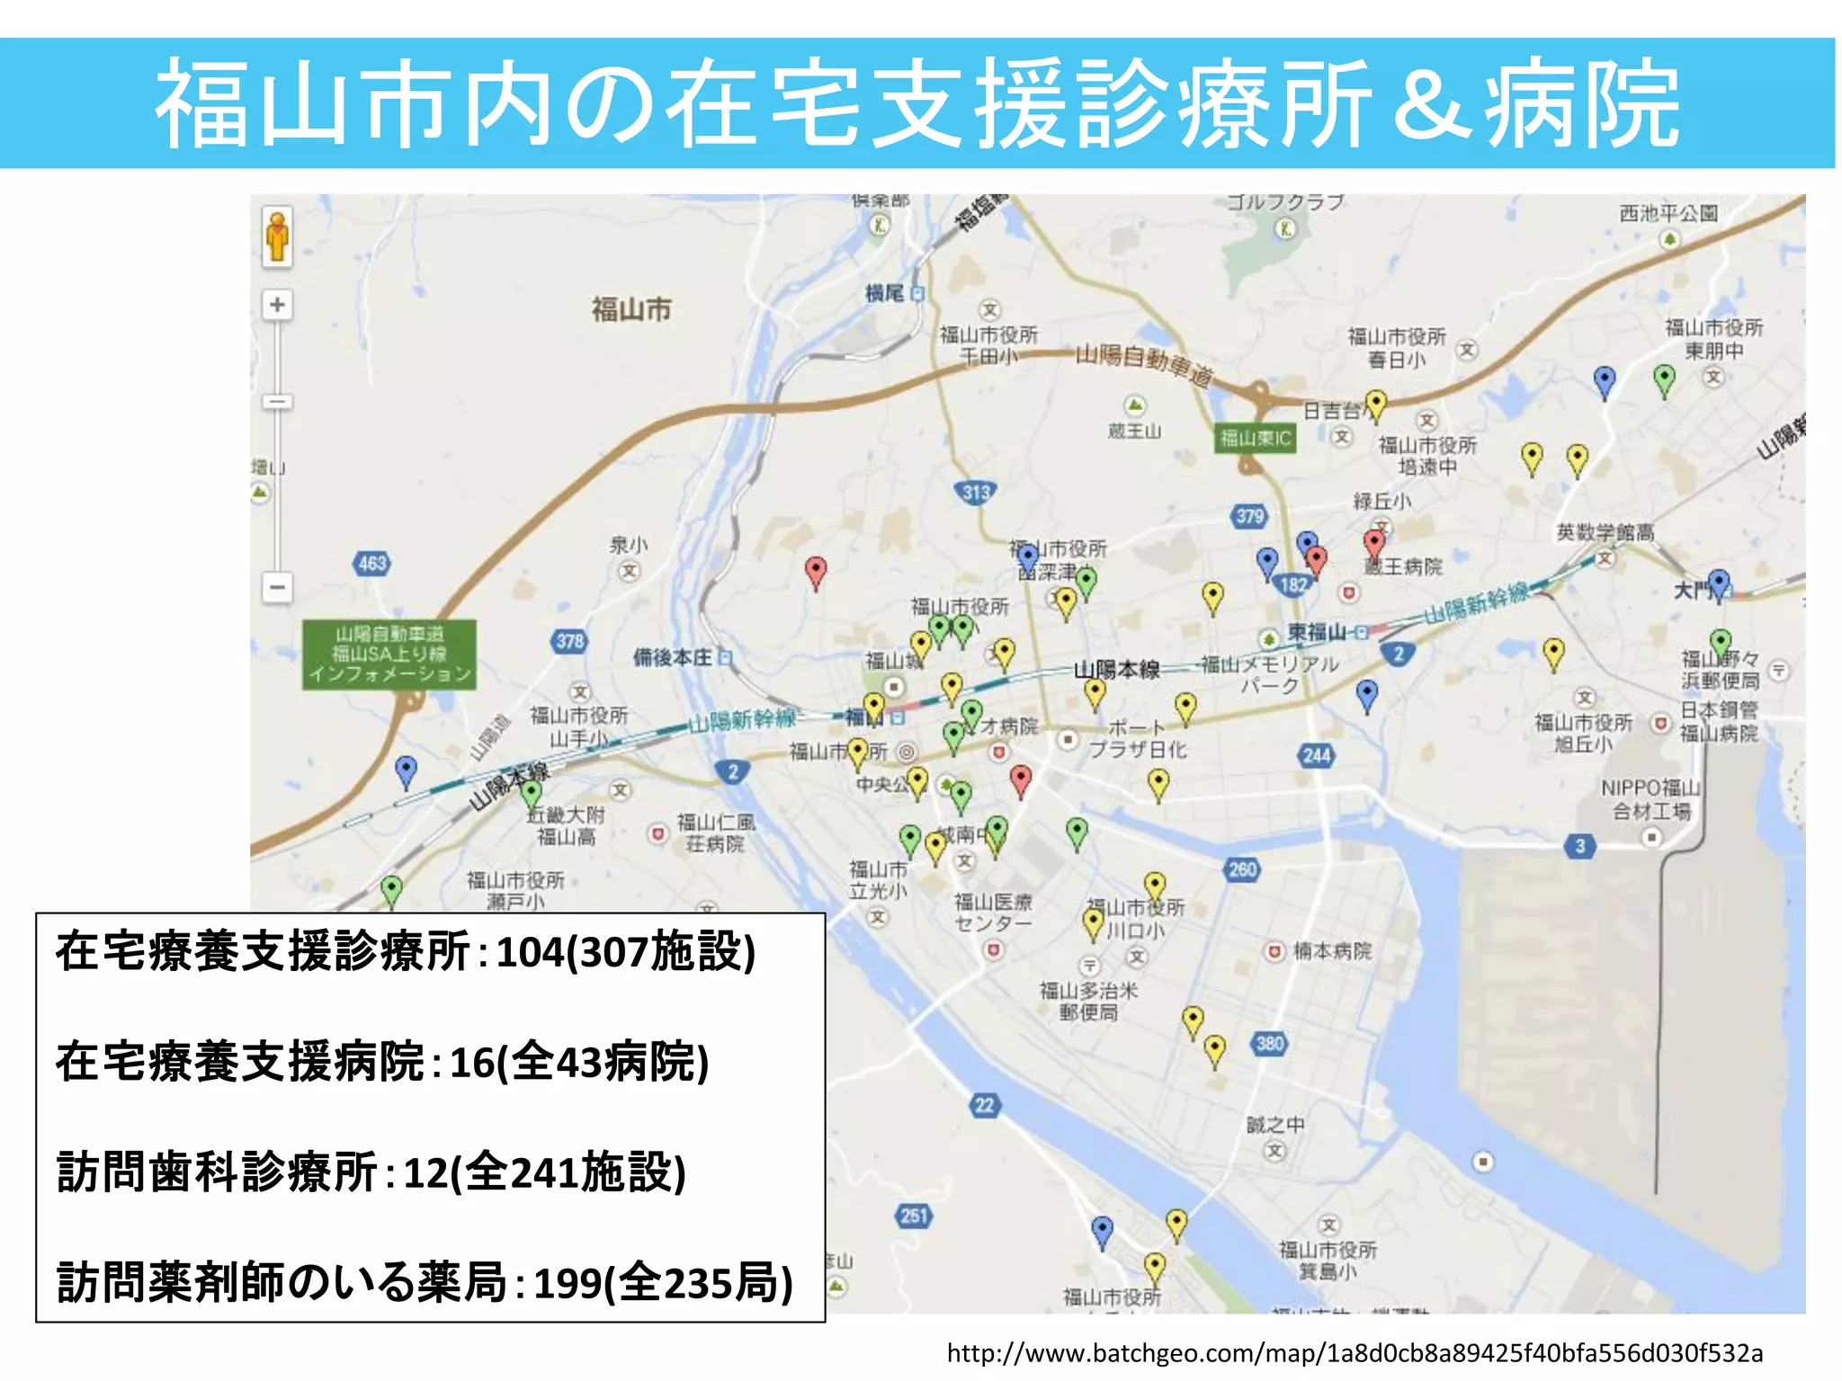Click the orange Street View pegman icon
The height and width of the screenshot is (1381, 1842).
(x=278, y=236)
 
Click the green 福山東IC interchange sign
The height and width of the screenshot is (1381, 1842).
(x=1255, y=438)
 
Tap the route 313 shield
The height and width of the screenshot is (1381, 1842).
(x=977, y=492)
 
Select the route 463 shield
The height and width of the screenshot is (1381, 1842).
(x=371, y=564)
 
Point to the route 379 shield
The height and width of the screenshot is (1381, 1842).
(x=1249, y=515)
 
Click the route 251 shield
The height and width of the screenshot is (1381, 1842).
(x=914, y=1216)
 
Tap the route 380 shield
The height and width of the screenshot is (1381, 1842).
(x=1269, y=1043)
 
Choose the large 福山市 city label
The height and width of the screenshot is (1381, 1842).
(x=631, y=310)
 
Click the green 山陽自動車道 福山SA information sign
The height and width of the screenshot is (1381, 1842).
(x=389, y=654)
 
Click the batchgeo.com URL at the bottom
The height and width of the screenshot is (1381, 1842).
(x=1355, y=1353)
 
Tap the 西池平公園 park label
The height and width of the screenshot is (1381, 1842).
(x=1668, y=214)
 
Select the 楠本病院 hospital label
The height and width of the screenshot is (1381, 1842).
(x=1332, y=950)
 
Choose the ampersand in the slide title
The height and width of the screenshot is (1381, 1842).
(x=1429, y=105)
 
